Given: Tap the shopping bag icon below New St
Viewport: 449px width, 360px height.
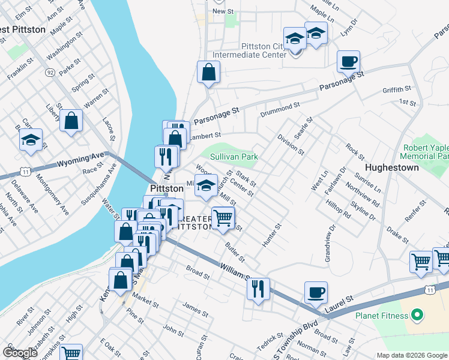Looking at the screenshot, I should click(208, 72).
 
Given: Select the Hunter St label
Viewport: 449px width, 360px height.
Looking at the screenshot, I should click(271, 236).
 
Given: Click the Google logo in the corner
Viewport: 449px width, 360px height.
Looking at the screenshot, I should click(20, 353).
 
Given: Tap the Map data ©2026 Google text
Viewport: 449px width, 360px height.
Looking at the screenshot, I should click(412, 355).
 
